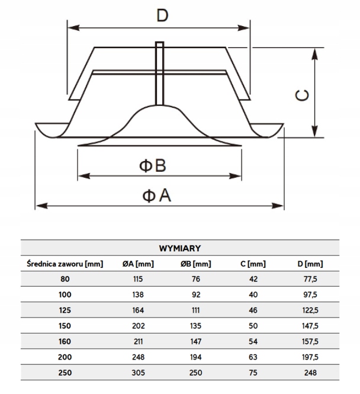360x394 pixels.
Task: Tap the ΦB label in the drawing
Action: [x=153, y=165]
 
